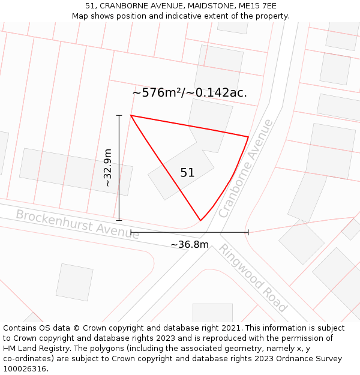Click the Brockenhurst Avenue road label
77,224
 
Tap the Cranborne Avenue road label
245,169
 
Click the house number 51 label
187,173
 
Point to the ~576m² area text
157,93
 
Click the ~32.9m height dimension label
108,168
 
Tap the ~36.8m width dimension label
190,244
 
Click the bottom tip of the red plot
200,221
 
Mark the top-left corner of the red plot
131,115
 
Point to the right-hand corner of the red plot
248,137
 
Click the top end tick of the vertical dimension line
119,115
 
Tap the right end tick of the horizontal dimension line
248,232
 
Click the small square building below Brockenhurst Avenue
74,282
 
